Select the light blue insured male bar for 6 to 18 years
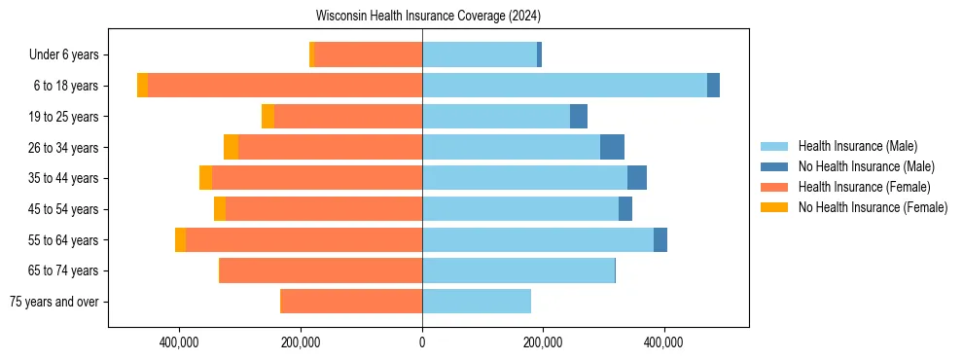click(564, 86)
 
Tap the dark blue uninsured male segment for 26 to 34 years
click(612, 147)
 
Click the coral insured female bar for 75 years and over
click(351, 302)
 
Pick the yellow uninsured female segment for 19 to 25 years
click(267, 117)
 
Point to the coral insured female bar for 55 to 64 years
click(303, 240)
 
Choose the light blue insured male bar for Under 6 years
click(480, 54)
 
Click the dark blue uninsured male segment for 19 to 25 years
click(579, 117)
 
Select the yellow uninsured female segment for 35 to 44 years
click(205, 178)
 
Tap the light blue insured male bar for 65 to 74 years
click(518, 270)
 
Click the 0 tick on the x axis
click(422, 342)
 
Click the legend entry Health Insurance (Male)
click(857, 146)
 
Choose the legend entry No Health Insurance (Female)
click(873, 207)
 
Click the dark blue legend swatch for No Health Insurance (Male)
click(774, 166)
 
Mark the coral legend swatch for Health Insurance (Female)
click(774, 187)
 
